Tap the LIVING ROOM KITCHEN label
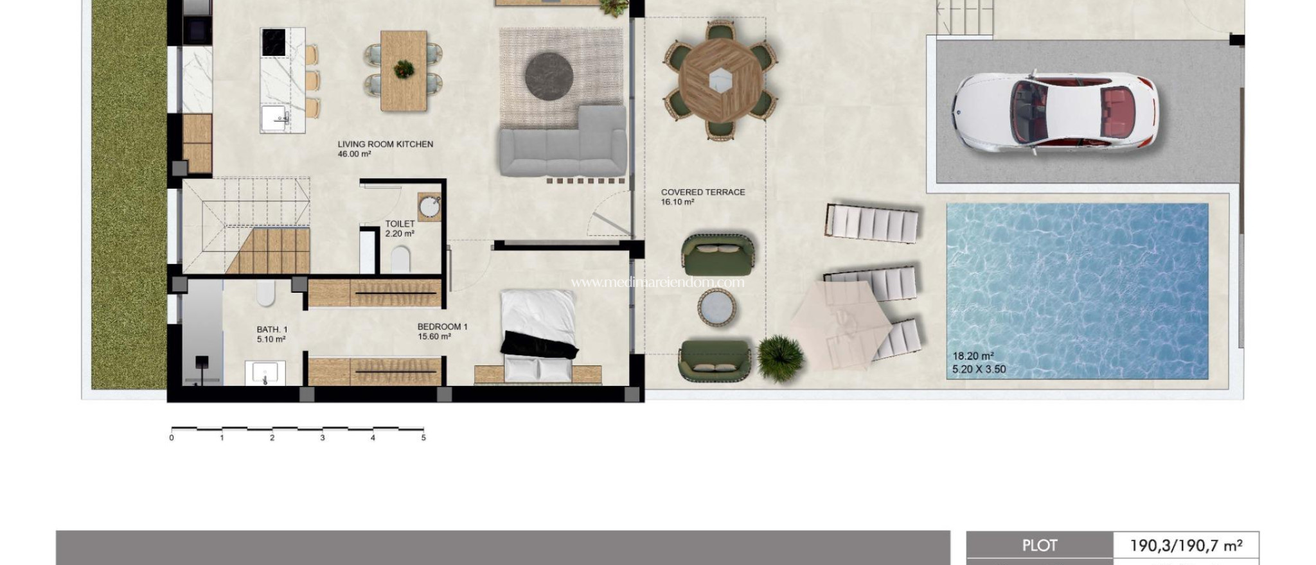click(386, 144)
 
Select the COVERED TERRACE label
click(702, 192)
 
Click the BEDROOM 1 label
click(442, 327)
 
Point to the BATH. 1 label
click(272, 329)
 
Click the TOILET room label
click(400, 224)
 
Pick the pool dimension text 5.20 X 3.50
click(979, 369)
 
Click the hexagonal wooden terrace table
click(720, 80)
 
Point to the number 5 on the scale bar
click(423, 438)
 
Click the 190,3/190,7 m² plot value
click(1186, 546)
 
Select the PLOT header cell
click(1039, 546)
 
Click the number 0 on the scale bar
click(172, 438)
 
